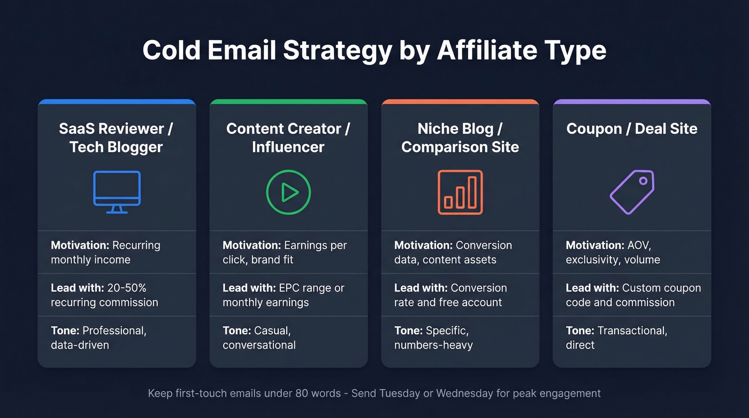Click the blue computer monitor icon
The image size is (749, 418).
pyautogui.click(x=117, y=192)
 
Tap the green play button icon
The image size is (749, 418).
pyautogui.click(x=288, y=192)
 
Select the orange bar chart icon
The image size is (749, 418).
pyautogui.click(x=460, y=192)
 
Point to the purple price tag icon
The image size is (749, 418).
pyautogui.click(x=632, y=192)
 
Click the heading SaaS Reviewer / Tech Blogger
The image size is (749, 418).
pyautogui.click(x=116, y=138)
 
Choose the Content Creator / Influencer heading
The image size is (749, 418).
pyautogui.click(x=288, y=138)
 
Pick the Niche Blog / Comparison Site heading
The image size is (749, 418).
pyautogui.click(x=460, y=138)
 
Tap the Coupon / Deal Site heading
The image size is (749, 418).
pyautogui.click(x=632, y=128)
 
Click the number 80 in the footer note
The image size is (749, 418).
pyautogui.click(x=302, y=393)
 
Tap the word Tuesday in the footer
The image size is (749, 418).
pyautogui.click(x=400, y=393)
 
